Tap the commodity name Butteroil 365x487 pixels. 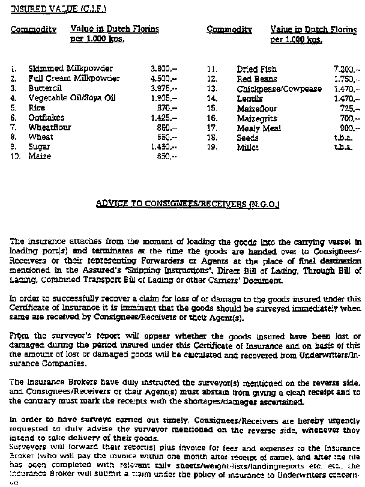click(46, 88)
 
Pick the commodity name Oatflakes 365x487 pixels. click(46, 118)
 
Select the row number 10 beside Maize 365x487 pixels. click(15, 156)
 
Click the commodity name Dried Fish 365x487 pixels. click(257, 69)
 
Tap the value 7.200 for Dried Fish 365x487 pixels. click(346, 69)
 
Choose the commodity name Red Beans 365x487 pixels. click(257, 79)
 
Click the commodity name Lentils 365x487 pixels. click(250, 98)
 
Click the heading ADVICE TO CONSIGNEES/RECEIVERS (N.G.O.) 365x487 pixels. click(187, 204)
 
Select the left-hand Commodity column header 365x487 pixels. click(34, 29)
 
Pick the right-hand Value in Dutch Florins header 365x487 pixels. click(314, 29)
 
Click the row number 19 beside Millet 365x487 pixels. click(211, 147)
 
